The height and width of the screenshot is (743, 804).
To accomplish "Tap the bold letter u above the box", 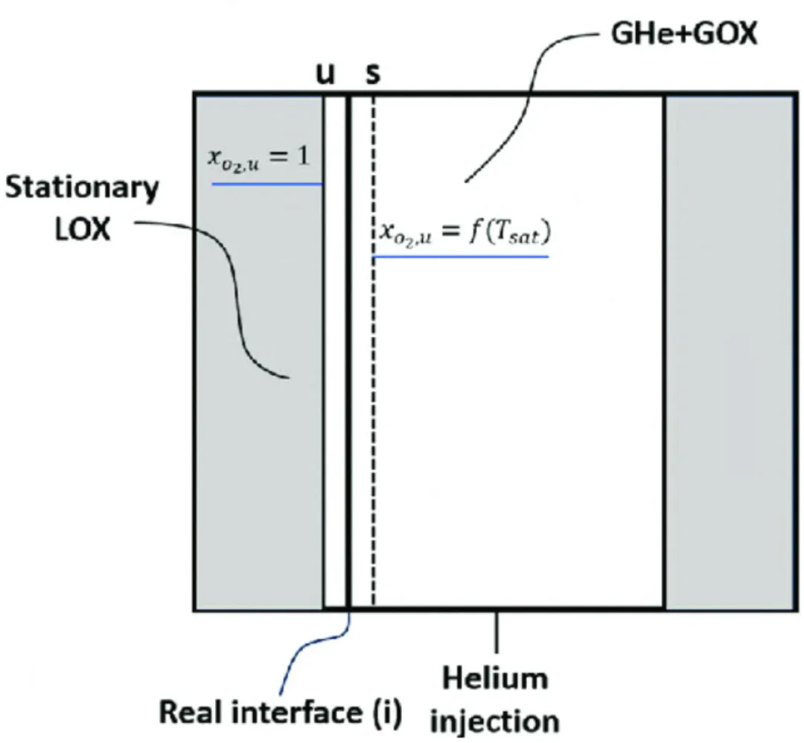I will pos(326,74).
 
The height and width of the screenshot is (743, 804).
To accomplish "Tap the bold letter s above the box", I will pos(371,74).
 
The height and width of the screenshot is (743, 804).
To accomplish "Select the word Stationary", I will pos(81,188).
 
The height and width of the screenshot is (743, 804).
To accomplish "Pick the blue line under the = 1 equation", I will pos(267,183).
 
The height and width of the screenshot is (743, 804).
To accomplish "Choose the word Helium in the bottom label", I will pos(494,678).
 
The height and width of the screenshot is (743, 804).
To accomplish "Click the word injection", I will pos(498,721).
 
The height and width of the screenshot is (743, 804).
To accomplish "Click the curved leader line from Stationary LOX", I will pos(238,297).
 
